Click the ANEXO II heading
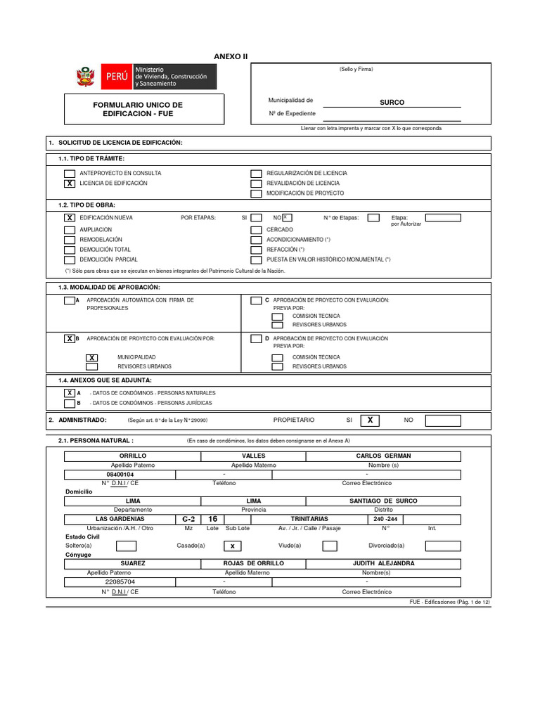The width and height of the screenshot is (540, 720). (231, 56)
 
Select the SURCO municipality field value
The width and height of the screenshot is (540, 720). (392, 103)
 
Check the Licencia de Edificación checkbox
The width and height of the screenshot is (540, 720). (69, 184)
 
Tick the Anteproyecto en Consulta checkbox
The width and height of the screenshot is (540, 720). (69, 174)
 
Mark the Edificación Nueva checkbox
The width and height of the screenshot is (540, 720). (69, 218)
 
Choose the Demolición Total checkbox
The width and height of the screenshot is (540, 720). (69, 250)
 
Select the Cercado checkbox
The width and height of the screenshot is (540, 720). (257, 230)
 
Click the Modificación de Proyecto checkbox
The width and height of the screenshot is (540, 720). (257, 193)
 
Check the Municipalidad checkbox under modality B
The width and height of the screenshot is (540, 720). (91, 358)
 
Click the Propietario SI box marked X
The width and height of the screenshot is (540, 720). (370, 420)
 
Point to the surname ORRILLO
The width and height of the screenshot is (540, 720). (133, 456)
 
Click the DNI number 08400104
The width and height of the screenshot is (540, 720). (120, 475)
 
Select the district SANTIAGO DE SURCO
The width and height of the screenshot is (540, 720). (383, 501)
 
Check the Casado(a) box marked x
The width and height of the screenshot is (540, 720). (232, 546)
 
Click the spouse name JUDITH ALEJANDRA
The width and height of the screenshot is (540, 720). (383, 563)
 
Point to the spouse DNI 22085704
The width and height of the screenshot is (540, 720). (120, 582)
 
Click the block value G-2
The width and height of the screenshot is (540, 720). (188, 519)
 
